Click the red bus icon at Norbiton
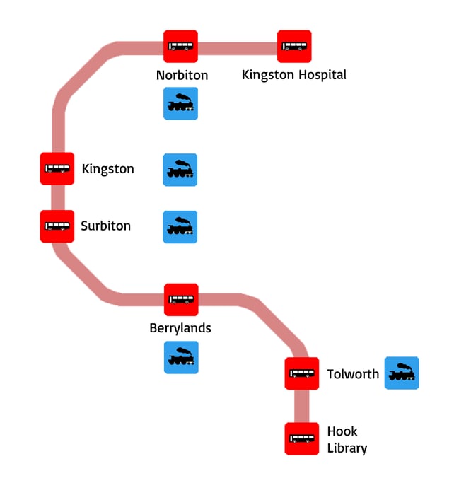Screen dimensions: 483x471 point(180,47)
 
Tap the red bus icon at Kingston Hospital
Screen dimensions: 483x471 point(294,47)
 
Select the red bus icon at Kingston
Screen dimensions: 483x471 point(57,169)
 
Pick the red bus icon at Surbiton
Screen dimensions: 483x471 point(57,226)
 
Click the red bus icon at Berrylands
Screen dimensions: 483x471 point(181,301)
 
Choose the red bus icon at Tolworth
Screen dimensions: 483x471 point(302,374)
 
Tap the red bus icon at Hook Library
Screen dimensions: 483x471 point(302,438)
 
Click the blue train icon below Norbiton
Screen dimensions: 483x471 point(180,104)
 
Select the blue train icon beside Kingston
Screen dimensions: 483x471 point(180,170)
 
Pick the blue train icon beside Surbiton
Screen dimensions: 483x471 point(180,227)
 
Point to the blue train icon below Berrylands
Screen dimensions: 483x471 point(181,357)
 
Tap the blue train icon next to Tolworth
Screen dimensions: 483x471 point(402,373)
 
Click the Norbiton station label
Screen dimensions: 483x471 point(182,75)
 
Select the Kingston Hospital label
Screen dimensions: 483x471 point(294,75)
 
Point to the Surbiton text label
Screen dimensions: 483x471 point(105,226)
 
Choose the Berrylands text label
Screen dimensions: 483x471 point(180,329)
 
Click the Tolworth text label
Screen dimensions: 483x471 point(353,374)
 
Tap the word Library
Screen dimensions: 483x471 point(347,448)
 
